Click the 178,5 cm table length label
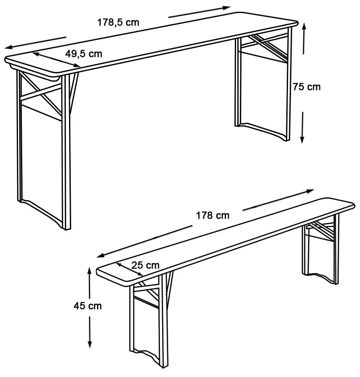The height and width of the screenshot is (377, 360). coord(118,22)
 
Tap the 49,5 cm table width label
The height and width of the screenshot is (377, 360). coord(84,54)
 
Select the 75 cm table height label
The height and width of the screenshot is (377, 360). coord(307,87)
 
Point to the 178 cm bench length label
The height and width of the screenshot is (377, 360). coord(213,215)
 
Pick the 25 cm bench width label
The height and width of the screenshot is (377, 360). coord(145,265)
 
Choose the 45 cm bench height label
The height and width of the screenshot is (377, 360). coord(88,306)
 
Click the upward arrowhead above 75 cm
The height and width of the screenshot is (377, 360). coord(304,26)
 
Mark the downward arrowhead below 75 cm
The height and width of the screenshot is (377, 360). coord(302,139)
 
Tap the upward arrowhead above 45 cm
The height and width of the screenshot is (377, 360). coord(90,271)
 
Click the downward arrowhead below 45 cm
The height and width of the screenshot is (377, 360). coord(90,344)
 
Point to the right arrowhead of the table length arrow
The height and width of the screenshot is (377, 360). coord(226,8)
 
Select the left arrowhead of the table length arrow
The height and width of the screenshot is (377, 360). coord(8,47)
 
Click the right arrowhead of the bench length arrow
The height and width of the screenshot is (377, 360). coord(310,191)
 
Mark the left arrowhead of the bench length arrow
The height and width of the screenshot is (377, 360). coord(101,256)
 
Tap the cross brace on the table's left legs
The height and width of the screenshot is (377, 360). coord(41,93)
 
